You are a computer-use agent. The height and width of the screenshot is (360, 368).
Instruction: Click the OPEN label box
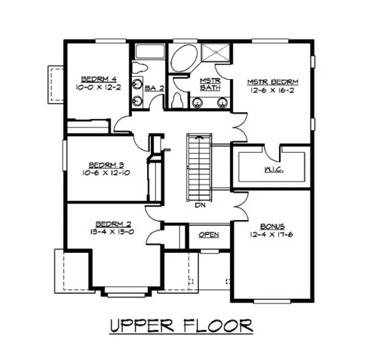pyautogui.click(x=209, y=235)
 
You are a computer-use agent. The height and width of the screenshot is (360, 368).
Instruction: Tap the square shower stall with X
pyautogui.click(x=216, y=54)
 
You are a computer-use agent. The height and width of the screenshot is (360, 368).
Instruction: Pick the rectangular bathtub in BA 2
pyautogui.click(x=149, y=52)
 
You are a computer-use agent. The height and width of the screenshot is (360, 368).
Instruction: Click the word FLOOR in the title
pyautogui.click(x=220, y=326)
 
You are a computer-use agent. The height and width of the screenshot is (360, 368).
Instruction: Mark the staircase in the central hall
pyautogui.click(x=199, y=166)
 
